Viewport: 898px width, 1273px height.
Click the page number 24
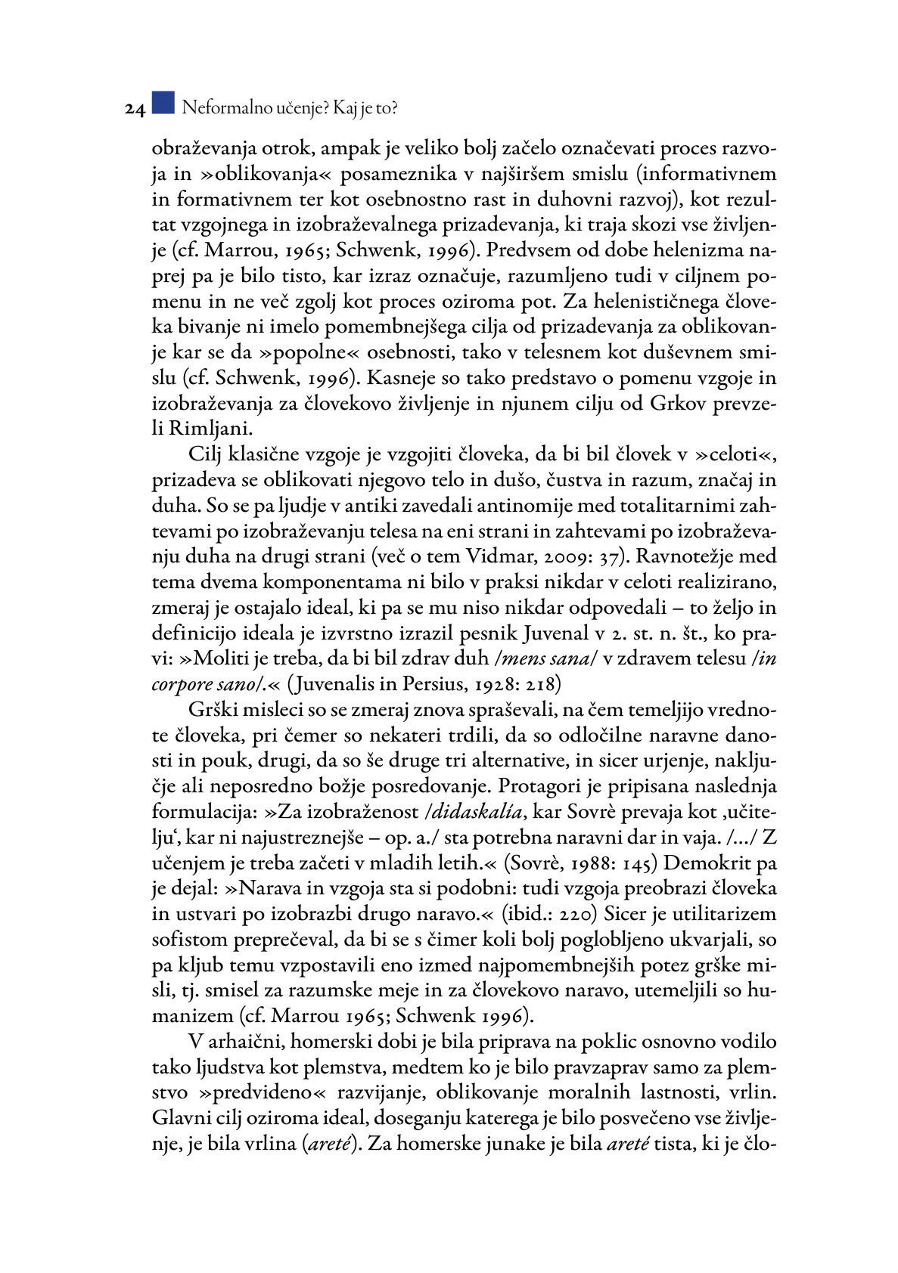click(x=135, y=110)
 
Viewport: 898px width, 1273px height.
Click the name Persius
click(x=431, y=684)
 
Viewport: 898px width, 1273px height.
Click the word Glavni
click(x=177, y=1117)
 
